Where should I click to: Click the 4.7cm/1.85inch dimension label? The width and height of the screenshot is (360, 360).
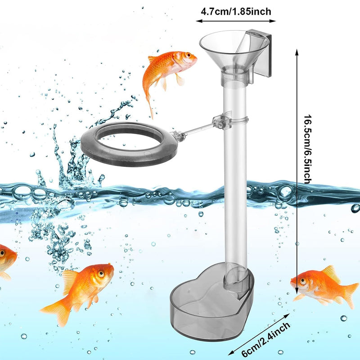coord(236,11)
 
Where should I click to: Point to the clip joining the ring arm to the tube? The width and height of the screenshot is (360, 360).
coord(223,121)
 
